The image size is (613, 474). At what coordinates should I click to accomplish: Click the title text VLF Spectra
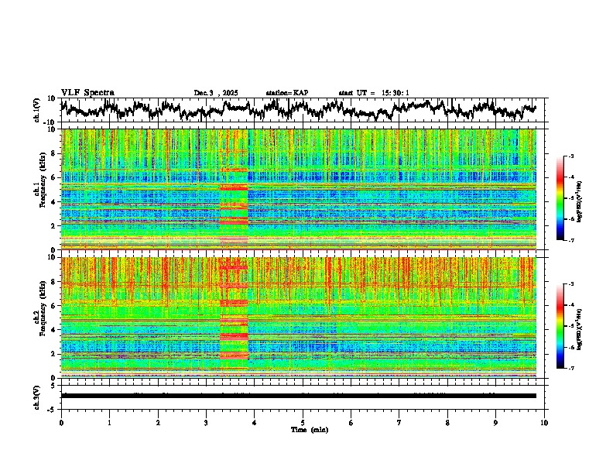(87, 93)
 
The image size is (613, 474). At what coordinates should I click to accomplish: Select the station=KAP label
(286, 93)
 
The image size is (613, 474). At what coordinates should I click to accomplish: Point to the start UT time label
(373, 93)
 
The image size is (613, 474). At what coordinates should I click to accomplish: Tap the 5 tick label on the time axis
(303, 422)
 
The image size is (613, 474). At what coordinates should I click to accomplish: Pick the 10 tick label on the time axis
(544, 422)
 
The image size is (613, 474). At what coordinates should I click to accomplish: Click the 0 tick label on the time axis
(61, 422)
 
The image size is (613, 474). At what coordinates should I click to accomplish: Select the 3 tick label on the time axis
(206, 422)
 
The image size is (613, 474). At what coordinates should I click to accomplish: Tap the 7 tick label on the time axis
(399, 422)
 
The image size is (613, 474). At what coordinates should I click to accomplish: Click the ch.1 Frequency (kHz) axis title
(39, 190)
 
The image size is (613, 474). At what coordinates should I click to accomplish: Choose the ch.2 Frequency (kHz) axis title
(39, 318)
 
